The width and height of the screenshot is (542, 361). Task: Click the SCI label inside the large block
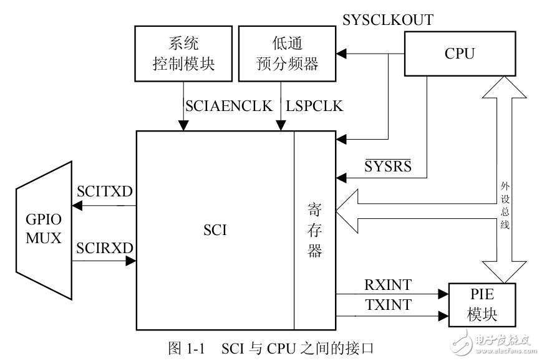coord(215,230)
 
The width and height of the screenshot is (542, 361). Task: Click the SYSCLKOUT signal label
coord(388,20)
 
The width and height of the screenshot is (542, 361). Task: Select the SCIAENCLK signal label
coord(229,106)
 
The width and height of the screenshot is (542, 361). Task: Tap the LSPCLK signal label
coord(314,106)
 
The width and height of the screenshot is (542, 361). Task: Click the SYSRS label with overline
coord(387,166)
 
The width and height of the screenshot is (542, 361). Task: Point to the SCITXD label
coord(104,192)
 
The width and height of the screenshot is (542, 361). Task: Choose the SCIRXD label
coord(104,248)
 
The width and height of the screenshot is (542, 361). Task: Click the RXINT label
coord(388,285)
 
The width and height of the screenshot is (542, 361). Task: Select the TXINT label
coord(388,306)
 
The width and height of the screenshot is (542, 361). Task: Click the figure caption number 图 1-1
coord(187,347)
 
